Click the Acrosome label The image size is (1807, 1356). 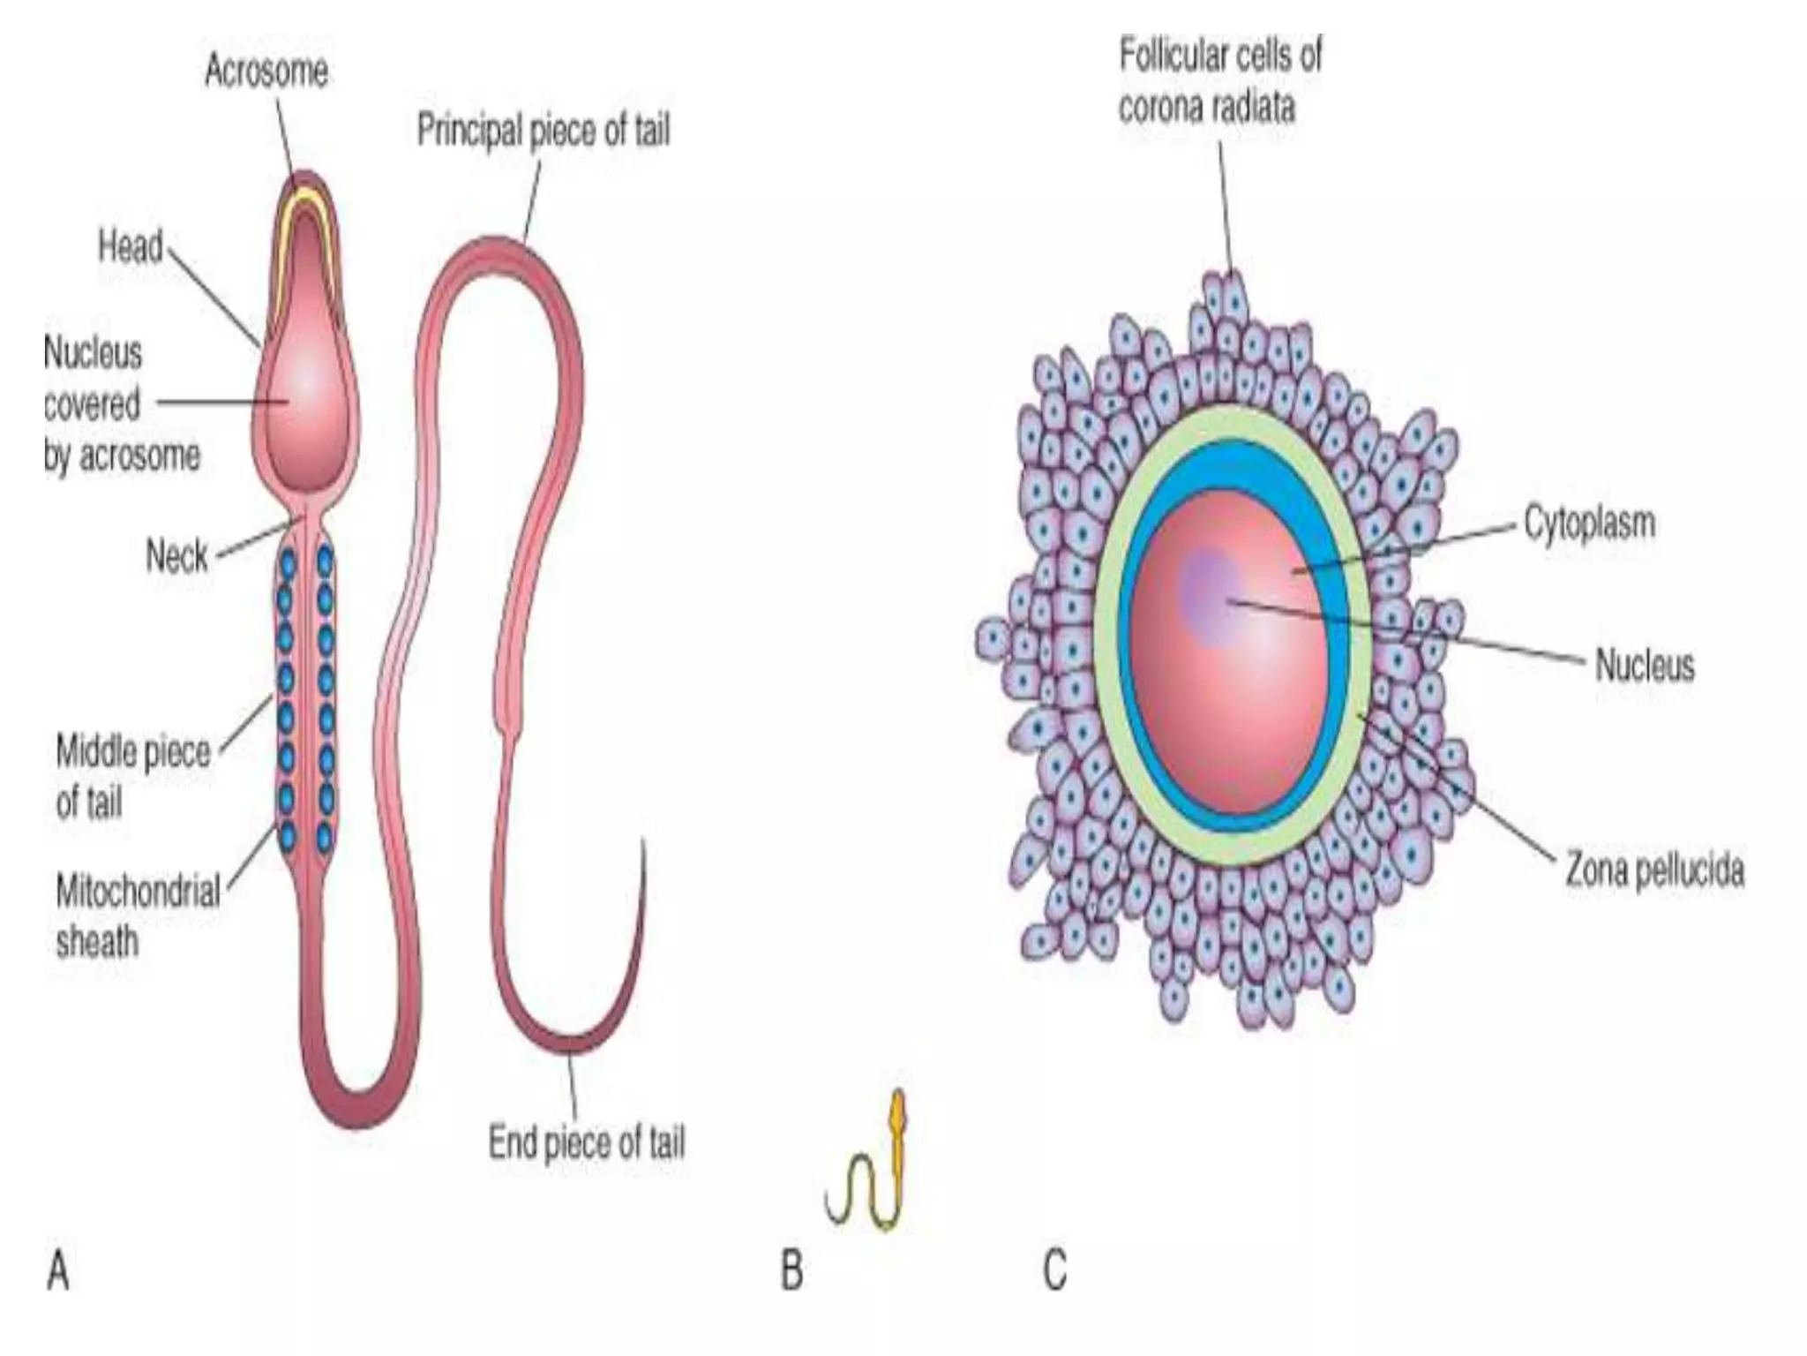[266, 71]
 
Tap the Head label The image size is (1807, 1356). [131, 246]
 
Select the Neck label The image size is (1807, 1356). [176, 556]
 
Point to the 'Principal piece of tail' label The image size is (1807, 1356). [544, 131]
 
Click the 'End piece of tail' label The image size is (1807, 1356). [587, 1142]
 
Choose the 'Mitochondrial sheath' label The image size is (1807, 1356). [138, 916]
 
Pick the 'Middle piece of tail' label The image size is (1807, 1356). [132, 777]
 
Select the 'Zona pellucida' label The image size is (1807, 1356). [1654, 870]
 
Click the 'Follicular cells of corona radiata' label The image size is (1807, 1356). [1220, 81]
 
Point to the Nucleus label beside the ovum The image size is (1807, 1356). [1645, 666]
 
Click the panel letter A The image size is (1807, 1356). [58, 1272]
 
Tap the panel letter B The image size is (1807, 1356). [791, 1272]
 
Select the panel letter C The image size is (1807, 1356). [1054, 1272]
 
